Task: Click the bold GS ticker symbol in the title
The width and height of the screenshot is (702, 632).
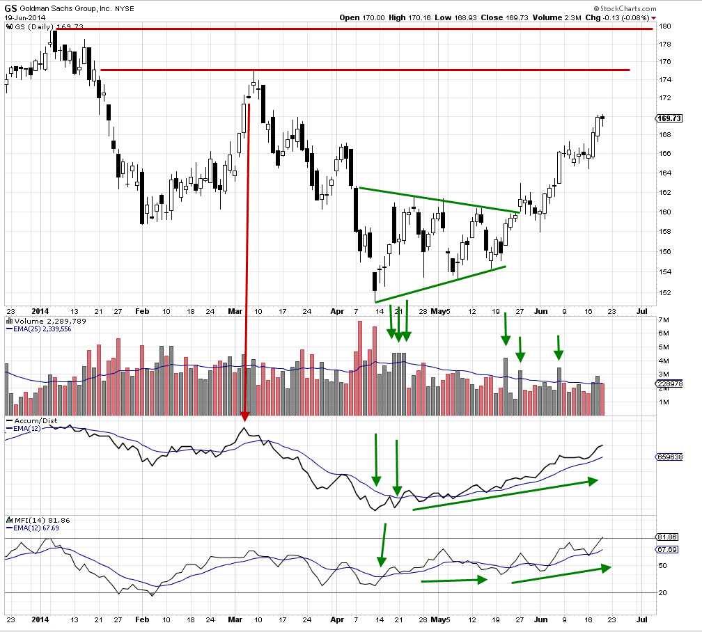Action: [11, 6]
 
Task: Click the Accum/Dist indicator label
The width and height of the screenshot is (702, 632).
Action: [32, 421]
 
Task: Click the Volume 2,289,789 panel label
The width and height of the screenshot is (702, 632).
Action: [45, 321]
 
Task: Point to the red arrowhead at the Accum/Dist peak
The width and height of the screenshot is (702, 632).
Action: [245, 417]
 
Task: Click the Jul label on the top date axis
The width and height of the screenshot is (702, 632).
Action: [641, 311]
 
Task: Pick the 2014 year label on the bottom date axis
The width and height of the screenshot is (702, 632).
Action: [40, 619]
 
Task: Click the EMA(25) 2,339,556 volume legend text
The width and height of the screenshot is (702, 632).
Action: [41, 329]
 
